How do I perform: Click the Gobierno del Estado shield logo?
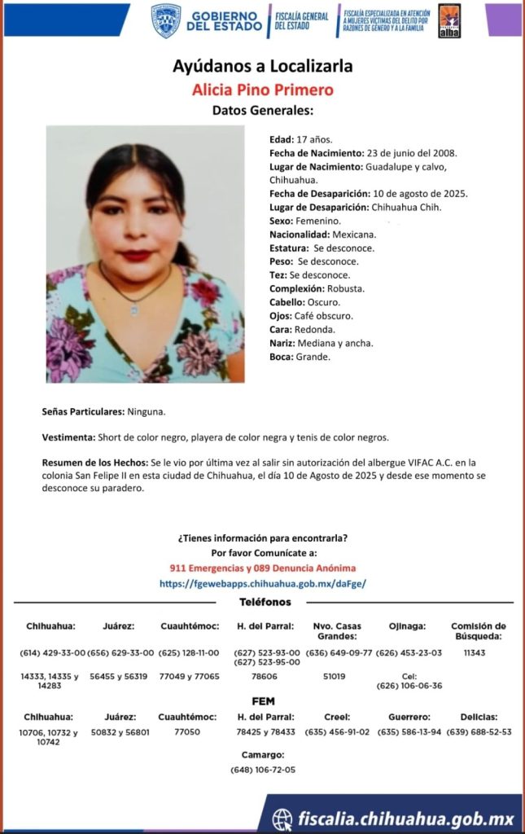166,20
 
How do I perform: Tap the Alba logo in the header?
449,20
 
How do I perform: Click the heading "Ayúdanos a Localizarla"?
262,66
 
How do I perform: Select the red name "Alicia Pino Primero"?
262,90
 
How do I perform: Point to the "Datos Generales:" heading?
262,111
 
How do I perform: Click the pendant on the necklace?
135,309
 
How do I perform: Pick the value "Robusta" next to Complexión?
346,288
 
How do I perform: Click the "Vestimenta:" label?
68,437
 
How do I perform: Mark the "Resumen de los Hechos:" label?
95,462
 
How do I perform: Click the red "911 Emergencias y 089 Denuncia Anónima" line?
262,568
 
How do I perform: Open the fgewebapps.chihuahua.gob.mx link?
262,583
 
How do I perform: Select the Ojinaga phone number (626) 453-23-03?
409,652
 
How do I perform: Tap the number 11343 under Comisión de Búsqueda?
475,652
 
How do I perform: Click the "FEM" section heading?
263,700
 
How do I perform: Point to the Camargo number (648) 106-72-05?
263,770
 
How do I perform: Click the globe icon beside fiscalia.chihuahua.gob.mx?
282,818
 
